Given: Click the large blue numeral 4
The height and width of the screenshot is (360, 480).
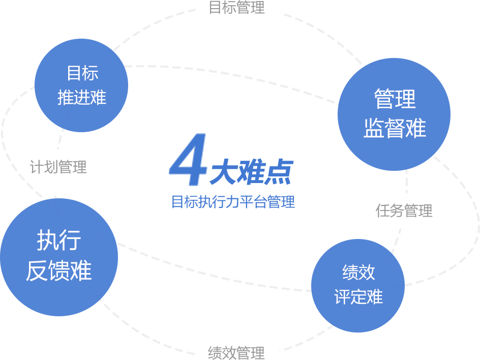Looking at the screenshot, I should tap(188, 160).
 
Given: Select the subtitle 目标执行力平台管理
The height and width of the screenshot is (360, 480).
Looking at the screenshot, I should tap(233, 202).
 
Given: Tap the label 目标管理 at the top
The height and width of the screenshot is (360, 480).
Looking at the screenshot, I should tap(237, 8).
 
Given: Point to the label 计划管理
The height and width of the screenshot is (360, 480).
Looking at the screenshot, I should tap(58, 167).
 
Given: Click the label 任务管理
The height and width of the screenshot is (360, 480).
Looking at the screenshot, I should tap(404, 210).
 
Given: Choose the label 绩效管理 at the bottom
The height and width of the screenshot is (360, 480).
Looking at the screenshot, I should tap(236, 352).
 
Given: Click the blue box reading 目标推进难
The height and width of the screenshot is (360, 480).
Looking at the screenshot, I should tap(81, 85).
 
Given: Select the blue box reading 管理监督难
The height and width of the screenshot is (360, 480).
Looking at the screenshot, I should tap(394, 114).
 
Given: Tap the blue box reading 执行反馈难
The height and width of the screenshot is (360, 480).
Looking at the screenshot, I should tap(59, 257).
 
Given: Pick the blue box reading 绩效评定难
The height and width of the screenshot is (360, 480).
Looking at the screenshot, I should tap(358, 285).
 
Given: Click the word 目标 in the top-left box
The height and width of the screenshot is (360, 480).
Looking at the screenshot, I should tap(82, 73).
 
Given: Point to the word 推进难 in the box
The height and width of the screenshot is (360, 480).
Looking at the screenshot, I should tap(82, 97).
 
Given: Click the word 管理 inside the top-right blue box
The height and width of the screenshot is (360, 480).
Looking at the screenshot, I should tap(395, 99).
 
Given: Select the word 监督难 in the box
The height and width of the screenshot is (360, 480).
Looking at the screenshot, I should tap(395, 128).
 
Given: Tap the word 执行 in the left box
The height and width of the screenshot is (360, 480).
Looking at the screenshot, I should tap(59, 240).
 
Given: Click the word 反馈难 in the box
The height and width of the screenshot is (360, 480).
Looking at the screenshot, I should tap(59, 271).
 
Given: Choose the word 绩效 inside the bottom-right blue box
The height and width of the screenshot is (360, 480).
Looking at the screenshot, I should tap(358, 273).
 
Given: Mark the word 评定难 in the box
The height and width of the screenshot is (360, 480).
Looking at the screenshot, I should tap(358, 296).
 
